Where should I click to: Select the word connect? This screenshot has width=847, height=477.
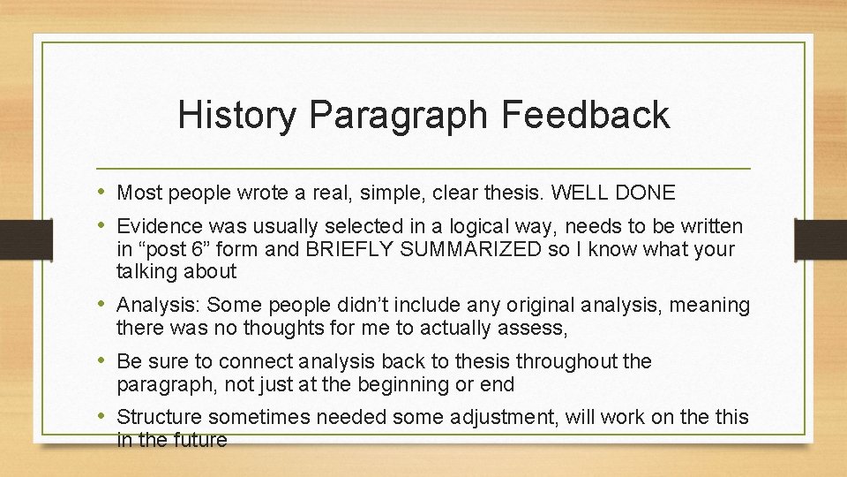[x=261, y=361]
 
